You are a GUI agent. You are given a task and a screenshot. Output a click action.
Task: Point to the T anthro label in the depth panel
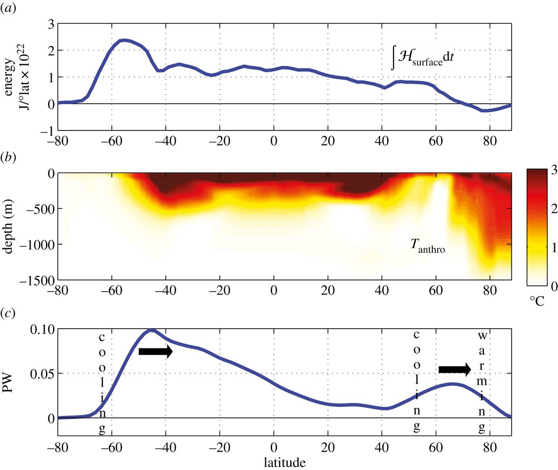pyautogui.click(x=427, y=246)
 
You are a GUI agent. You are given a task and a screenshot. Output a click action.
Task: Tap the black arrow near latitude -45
pyautogui.click(x=156, y=351)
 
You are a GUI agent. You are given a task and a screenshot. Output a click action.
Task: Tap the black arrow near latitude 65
pyautogui.click(x=455, y=370)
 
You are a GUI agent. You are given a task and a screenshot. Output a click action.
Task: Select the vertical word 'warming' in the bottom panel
pyautogui.click(x=482, y=382)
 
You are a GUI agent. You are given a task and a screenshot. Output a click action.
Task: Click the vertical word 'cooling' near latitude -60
pyautogui.click(x=102, y=384)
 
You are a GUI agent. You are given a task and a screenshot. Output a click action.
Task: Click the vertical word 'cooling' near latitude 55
pyautogui.click(x=417, y=381)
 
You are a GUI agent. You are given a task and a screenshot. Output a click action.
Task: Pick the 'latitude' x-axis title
pyautogui.click(x=284, y=462)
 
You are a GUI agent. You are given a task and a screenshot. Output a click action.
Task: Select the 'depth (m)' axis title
pyautogui.click(x=8, y=226)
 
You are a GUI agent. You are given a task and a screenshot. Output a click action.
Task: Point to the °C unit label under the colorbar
pyautogui.click(x=537, y=301)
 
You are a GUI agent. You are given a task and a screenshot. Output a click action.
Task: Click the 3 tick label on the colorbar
pyautogui.click(x=554, y=170)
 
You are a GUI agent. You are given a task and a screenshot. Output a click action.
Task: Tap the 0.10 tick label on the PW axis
pyautogui.click(x=42, y=330)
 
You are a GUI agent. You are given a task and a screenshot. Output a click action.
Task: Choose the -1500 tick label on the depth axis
pyautogui.click(x=37, y=281)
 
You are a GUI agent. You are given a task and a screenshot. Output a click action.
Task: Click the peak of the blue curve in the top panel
pyautogui.click(x=125, y=40)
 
